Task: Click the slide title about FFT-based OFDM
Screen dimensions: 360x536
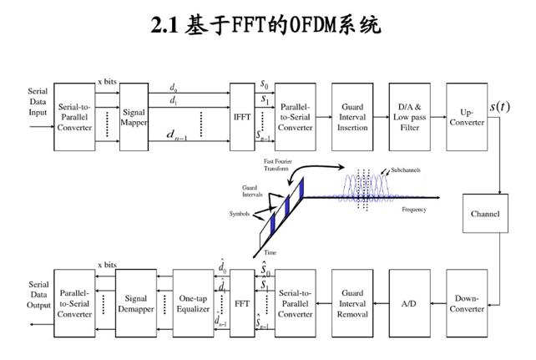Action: pos(266,25)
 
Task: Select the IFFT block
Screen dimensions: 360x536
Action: pos(242,117)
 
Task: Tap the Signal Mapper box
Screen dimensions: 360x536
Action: pos(134,117)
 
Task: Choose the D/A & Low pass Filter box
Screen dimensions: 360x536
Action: pos(410,117)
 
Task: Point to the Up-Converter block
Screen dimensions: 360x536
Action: pos(467,117)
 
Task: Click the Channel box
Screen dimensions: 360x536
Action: pos(485,214)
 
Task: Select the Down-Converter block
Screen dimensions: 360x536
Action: pos(467,303)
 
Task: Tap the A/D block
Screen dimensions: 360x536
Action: pos(410,303)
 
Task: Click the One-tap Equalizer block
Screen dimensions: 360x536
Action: pos(193,303)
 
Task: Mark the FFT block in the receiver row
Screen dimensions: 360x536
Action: pos(242,303)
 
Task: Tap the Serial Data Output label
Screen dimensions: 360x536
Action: pos(38,294)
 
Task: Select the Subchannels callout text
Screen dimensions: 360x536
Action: pos(405,170)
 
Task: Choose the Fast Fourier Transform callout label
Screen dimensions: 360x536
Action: pos(276,164)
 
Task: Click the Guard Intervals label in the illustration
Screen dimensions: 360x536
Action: pos(250,191)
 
